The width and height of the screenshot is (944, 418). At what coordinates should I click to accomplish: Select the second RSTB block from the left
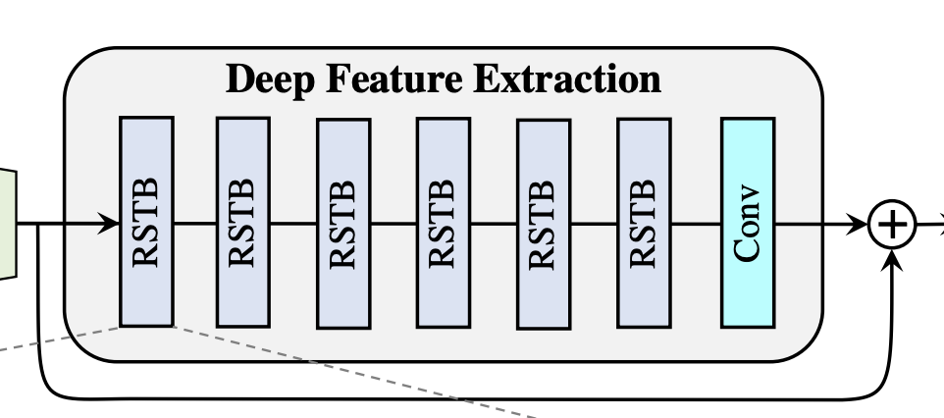point(242,222)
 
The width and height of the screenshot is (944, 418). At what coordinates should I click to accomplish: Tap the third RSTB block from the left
point(343,223)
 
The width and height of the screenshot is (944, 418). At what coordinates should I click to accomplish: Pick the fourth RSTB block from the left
point(443,222)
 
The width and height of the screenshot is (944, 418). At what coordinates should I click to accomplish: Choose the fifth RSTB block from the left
point(543,224)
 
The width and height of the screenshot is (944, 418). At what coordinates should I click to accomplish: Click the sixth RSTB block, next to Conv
point(644,222)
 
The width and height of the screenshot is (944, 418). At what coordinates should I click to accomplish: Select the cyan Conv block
point(748,222)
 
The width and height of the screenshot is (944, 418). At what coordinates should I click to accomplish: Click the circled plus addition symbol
point(892,225)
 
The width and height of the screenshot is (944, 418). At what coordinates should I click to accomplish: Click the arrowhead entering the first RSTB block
point(110,225)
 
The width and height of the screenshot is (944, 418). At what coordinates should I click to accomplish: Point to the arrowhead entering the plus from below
point(893,261)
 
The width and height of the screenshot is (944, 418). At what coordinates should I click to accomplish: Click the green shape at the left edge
point(8,222)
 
